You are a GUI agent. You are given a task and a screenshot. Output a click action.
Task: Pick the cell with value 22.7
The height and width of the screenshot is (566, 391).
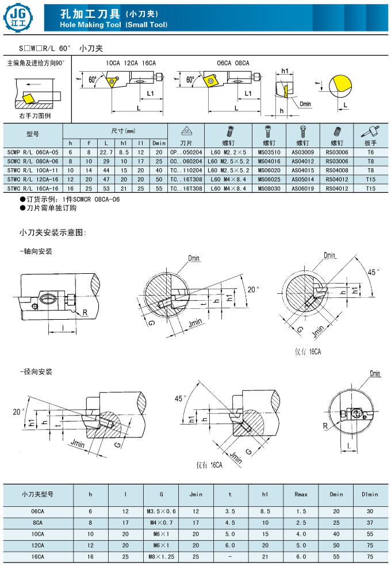tap(105, 152)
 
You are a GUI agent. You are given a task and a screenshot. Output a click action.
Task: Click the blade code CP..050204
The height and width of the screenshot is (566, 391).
tap(186, 152)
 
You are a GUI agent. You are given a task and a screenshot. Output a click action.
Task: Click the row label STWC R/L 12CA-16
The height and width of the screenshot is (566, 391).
tap(33, 179)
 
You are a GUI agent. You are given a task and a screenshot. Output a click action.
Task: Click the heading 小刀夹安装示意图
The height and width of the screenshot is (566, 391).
tap(52, 232)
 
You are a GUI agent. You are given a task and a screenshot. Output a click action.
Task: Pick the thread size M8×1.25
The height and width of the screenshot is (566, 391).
tap(160, 556)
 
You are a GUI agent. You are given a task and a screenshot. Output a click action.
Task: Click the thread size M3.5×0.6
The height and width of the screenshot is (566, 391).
tap(160, 511)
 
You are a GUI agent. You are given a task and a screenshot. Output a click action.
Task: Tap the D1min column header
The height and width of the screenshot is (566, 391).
tap(369, 494)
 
